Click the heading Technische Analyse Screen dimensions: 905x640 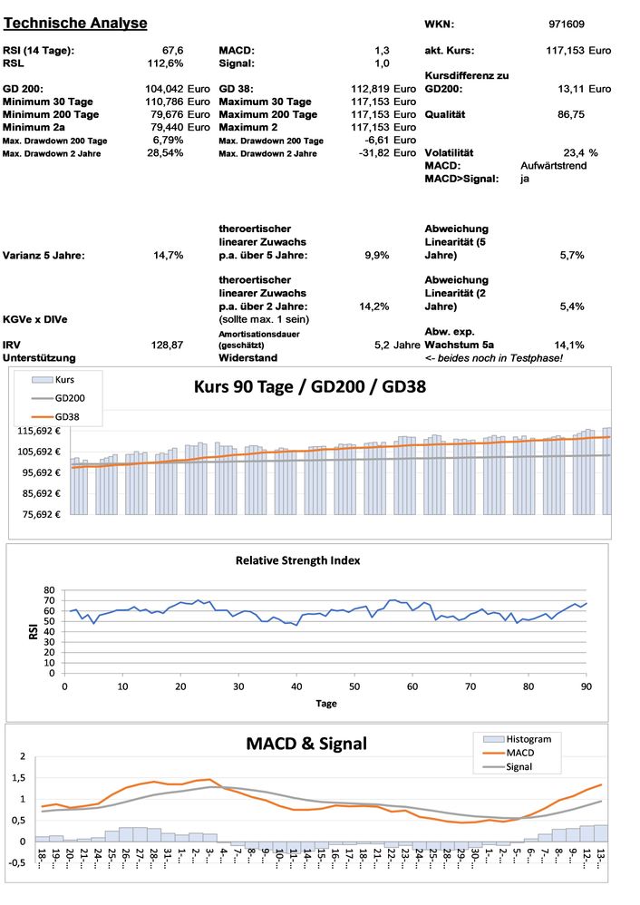[x=75, y=23]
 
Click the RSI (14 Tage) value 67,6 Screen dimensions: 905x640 [x=172, y=50]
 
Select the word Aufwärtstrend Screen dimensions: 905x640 [x=554, y=166]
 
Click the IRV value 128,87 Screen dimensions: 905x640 [x=167, y=345]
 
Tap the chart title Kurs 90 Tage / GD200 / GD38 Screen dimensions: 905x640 [x=310, y=386]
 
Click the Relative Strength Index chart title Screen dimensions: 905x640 [x=297, y=560]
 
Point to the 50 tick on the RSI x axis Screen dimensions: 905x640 [x=354, y=686]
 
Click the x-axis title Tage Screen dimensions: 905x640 [x=326, y=704]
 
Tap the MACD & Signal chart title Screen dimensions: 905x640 [x=306, y=744]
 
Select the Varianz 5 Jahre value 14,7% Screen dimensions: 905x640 [x=169, y=256]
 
